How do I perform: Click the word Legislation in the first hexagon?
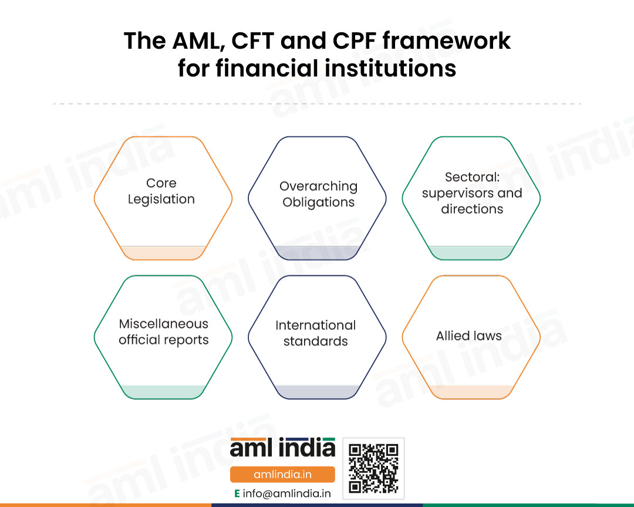click(161, 200)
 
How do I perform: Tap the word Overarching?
click(319, 187)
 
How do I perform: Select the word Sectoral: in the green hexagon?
click(472, 177)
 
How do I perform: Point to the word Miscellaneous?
click(164, 324)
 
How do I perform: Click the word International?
click(316, 325)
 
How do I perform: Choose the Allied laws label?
click(469, 336)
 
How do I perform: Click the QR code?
click(373, 469)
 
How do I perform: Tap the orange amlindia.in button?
click(282, 474)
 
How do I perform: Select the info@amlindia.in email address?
click(286, 494)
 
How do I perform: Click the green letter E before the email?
click(237, 494)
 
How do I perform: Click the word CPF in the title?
click(354, 41)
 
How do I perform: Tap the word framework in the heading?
click(447, 41)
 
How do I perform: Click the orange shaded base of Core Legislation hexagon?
click(163, 253)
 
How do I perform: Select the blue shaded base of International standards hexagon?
click(318, 392)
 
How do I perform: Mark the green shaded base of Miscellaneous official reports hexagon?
click(163, 392)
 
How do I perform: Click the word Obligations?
click(319, 202)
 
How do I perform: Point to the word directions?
click(472, 209)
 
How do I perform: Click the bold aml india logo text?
click(282, 447)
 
